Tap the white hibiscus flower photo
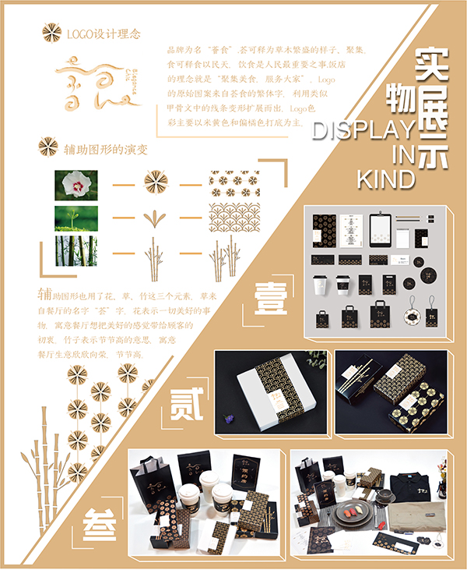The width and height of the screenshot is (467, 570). click(76, 184)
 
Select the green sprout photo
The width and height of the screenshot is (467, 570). click(76, 218)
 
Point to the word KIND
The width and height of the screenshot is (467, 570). click(385, 179)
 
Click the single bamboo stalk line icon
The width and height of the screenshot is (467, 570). click(156, 252)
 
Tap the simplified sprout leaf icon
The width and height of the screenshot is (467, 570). click(156, 218)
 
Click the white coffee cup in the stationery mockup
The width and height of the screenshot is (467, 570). click(320, 285)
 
